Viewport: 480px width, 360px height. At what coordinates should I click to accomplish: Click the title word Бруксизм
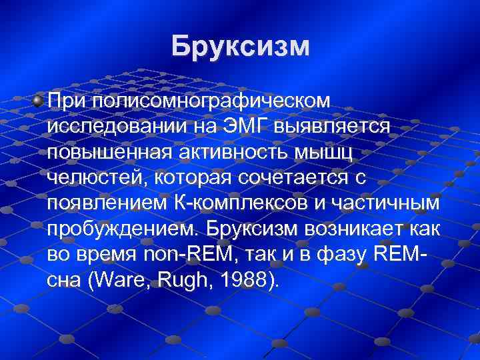[240, 46]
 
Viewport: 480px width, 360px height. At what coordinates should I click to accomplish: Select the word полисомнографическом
[211, 101]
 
